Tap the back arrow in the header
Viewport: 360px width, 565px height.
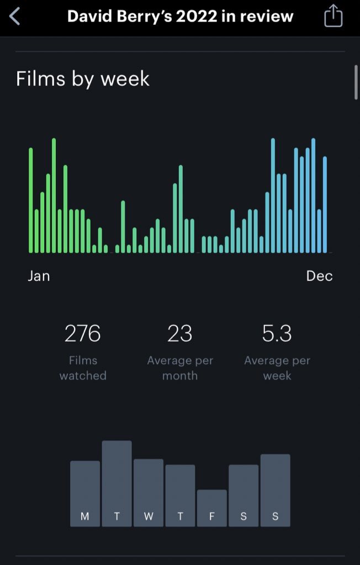point(14,17)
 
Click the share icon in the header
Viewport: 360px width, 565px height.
point(333,15)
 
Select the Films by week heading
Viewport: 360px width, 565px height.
point(82,78)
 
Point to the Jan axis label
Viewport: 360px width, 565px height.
point(39,276)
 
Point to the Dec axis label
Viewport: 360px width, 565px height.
point(319,276)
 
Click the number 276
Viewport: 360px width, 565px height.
point(82,333)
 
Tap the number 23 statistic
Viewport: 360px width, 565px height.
point(180,333)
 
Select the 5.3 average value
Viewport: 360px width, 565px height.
point(277,333)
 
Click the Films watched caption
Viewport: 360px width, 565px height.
point(83,368)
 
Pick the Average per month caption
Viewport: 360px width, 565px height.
point(180,368)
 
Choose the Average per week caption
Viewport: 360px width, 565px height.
point(277,368)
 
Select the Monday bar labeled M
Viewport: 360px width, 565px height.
point(85,494)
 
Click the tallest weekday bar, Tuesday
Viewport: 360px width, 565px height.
point(117,484)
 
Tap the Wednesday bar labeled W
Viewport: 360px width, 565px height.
point(149,493)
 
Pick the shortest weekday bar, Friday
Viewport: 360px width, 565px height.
point(212,508)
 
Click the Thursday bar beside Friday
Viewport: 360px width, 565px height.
point(180,495)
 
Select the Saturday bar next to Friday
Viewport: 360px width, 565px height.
point(243,495)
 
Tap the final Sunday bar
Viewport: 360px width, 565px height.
point(276,490)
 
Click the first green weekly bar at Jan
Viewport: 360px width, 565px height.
point(30,200)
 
